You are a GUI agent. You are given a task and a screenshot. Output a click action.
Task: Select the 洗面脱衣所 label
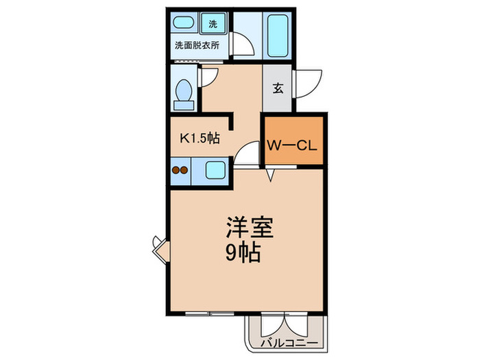pos(197,47)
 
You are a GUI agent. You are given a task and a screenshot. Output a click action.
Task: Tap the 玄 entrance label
pos(278,88)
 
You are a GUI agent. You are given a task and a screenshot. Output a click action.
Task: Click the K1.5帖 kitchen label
pos(199,138)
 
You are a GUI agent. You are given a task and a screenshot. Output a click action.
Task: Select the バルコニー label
pos(288,342)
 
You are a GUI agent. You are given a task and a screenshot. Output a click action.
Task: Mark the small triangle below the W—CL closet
pos(272,177)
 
